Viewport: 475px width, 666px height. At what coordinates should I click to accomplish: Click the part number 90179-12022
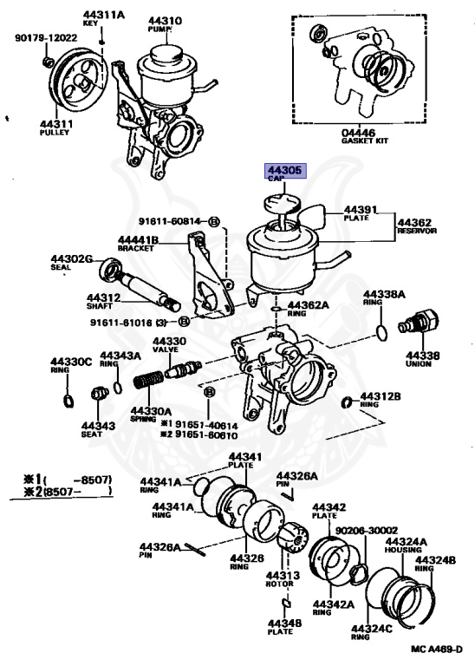click(x=46, y=38)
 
